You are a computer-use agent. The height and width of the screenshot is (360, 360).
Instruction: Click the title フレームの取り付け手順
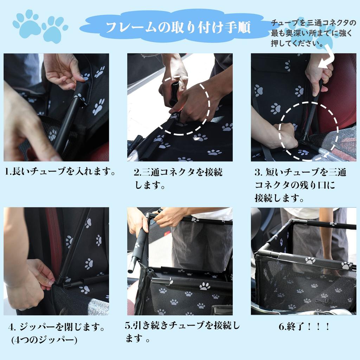[x=178, y=27]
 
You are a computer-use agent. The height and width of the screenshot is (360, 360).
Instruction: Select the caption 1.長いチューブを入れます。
[x=60, y=172]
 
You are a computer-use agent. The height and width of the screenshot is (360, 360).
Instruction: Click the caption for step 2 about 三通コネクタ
[x=178, y=178]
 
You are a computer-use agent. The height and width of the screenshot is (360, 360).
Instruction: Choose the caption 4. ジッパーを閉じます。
[x=57, y=327]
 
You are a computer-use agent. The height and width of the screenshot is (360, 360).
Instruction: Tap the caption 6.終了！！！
[x=304, y=327]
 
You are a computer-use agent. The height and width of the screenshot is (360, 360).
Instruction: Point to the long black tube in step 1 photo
[x=66, y=125]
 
